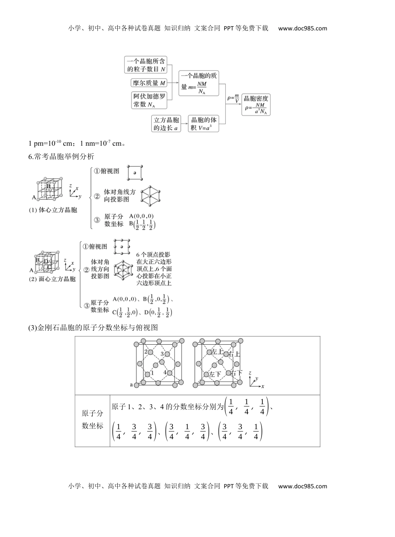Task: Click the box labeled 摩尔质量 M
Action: [x=148, y=83]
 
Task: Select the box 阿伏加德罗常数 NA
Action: [x=148, y=101]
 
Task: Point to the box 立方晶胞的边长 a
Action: [x=166, y=124]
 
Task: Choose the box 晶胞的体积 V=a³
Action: [x=203, y=124]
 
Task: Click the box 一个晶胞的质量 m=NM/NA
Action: [x=199, y=84]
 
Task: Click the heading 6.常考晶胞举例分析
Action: [x=62, y=157]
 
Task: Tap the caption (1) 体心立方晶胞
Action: [x=53, y=210]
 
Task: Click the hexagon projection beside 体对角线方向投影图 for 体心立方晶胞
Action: [x=151, y=195]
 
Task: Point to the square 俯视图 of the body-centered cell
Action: [x=135, y=172]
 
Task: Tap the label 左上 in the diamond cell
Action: [x=217, y=352]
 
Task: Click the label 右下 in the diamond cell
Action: [x=236, y=373]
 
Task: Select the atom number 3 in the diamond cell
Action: [x=161, y=353]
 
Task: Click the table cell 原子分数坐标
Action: [x=92, y=420]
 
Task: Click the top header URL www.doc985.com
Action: [x=302, y=29]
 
